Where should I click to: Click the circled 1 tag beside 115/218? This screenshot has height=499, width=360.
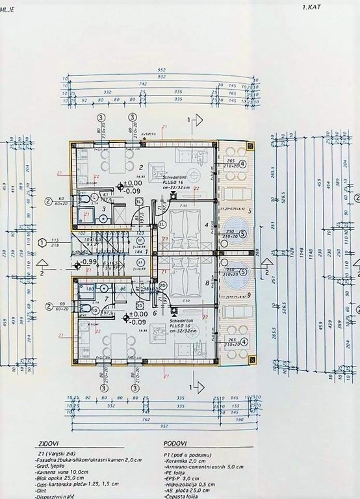click(43, 242)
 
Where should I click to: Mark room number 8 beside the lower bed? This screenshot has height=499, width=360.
click(207, 283)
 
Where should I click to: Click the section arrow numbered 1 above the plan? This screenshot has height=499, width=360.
click(190, 120)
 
